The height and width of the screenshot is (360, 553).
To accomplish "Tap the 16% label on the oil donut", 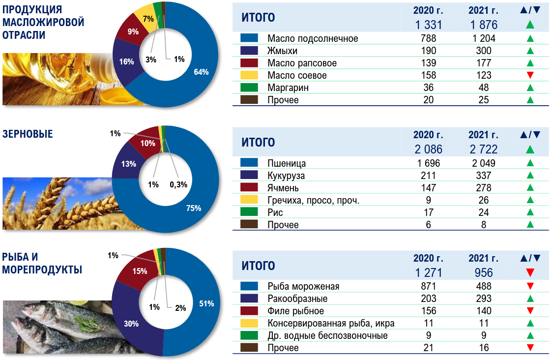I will pos(126,61).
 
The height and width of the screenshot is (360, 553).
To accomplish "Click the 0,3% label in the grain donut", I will pos(178,184).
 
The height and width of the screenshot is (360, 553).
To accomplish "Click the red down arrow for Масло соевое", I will pos(530,75).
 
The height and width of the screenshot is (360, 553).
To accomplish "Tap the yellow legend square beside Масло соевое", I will pos(249,75).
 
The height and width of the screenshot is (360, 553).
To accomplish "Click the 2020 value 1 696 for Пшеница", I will pos(428,163).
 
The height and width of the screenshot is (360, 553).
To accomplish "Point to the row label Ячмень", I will pos(283,188).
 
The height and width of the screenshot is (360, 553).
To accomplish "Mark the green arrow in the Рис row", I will pos(530,212).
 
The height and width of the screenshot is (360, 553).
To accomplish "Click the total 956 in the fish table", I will pos(484,272).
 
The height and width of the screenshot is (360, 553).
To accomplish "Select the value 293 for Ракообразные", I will pos(484,299).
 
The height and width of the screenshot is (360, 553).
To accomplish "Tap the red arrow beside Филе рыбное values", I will pos(530,311).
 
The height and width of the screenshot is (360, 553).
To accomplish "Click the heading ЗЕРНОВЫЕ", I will pos(28,134).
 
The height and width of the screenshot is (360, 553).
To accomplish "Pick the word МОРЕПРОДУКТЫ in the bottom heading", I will pos(42,270).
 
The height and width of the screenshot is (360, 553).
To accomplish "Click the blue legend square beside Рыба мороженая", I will pos(249,286).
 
